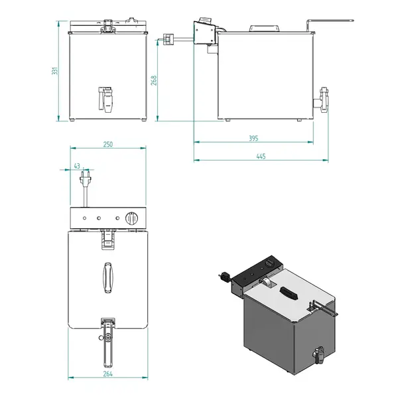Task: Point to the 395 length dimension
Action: coord(252,138)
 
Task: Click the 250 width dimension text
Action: coord(107,144)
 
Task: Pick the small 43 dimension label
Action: coord(77,166)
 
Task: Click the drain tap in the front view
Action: coord(105,99)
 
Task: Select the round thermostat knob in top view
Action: coord(132,218)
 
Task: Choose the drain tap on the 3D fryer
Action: coord(317,356)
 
